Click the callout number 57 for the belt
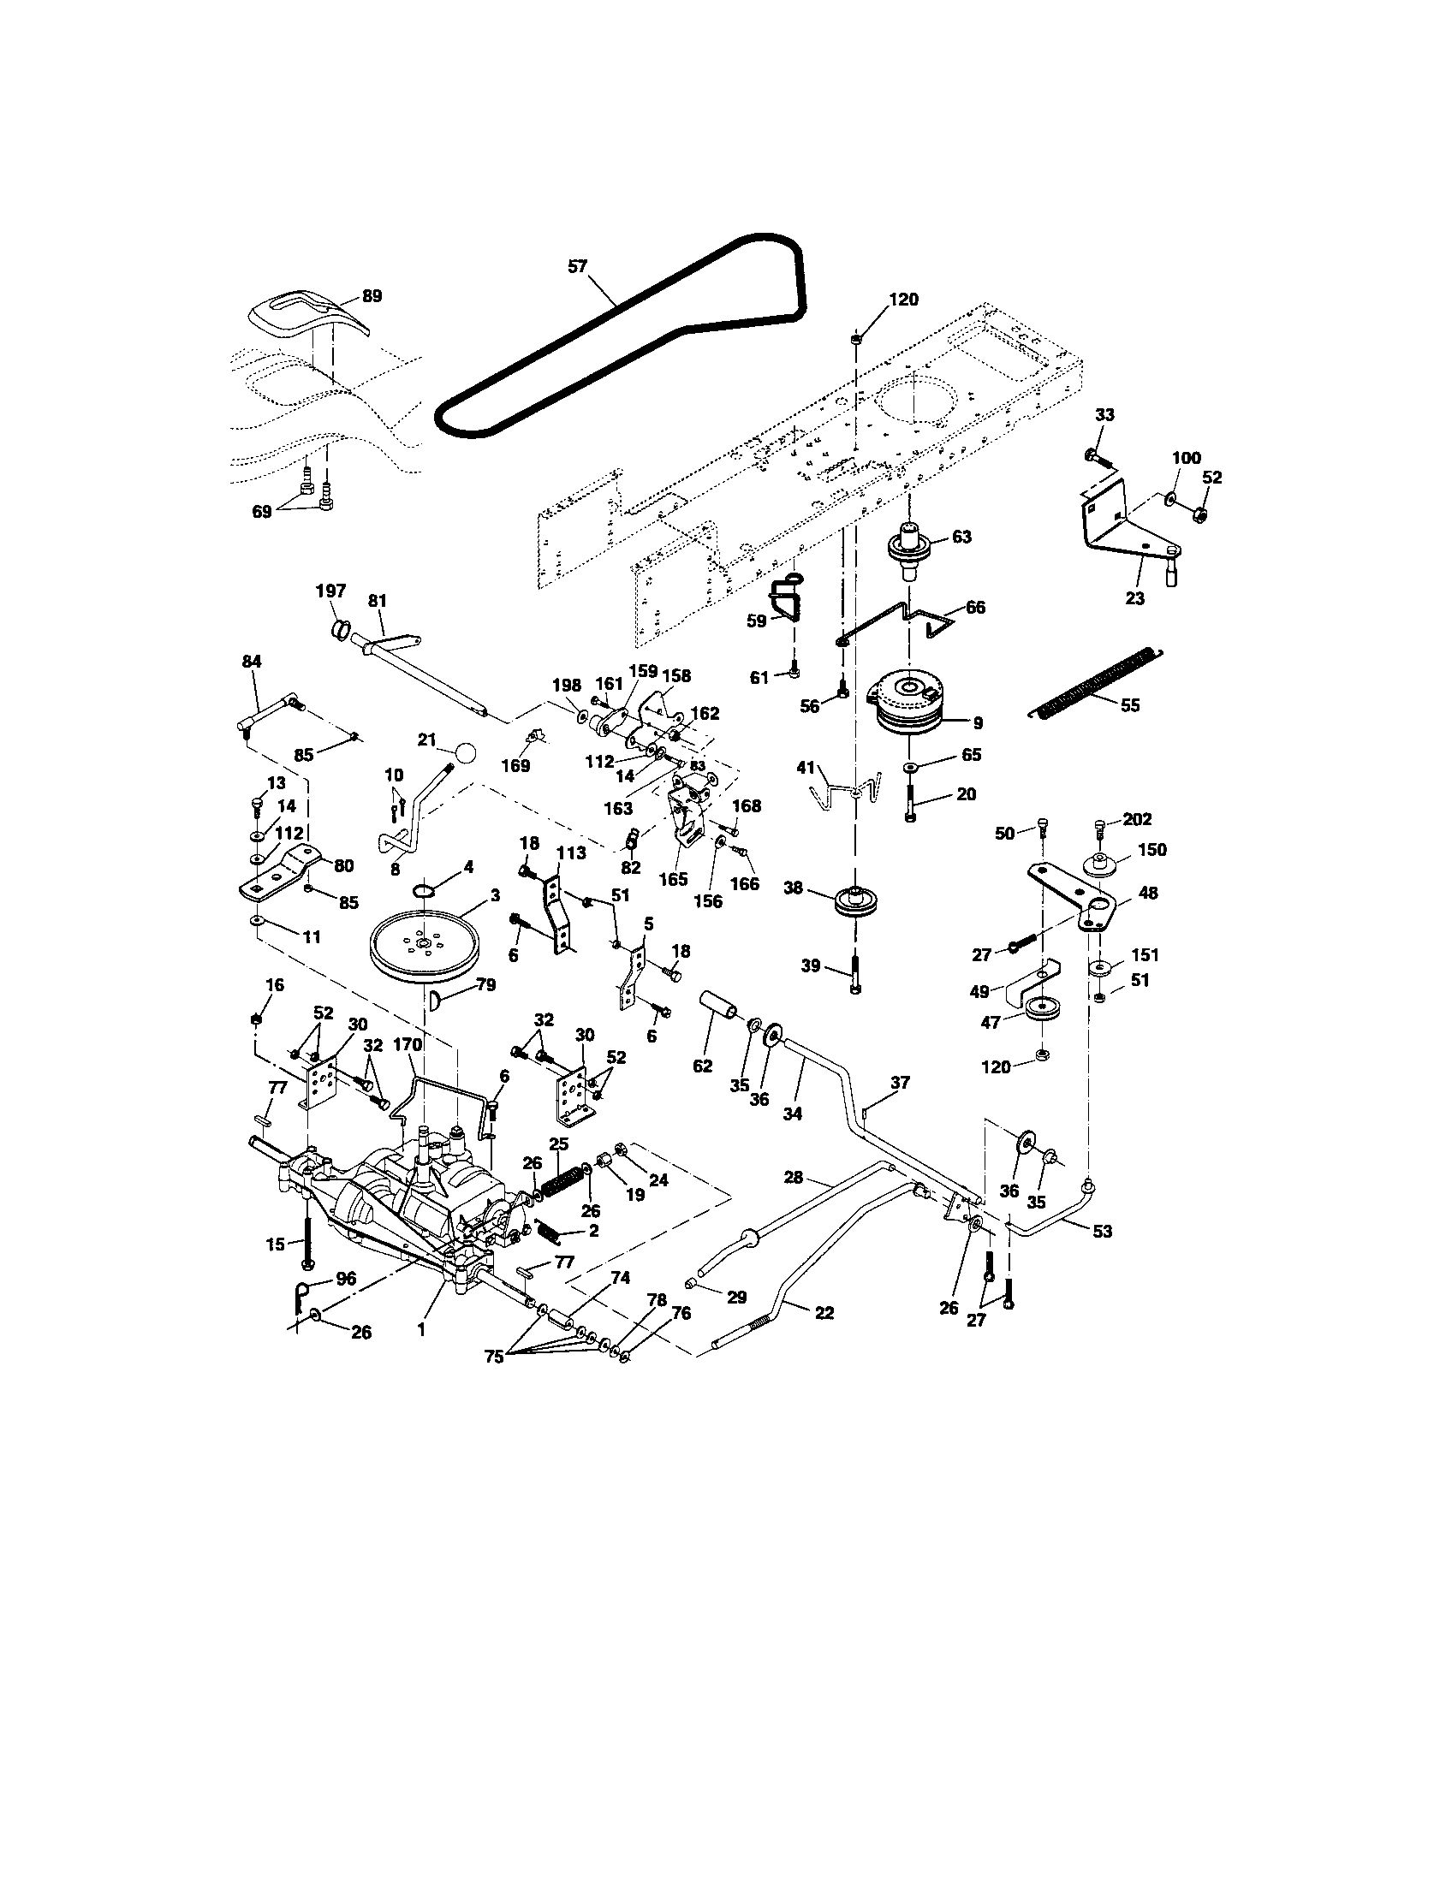coord(577,266)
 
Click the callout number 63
coord(961,537)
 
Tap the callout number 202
coord(1136,818)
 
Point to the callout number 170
coord(407,1045)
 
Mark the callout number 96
coord(346,1279)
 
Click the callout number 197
coord(331,591)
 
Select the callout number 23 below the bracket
coord(1134,597)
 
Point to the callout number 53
coord(1102,1230)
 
